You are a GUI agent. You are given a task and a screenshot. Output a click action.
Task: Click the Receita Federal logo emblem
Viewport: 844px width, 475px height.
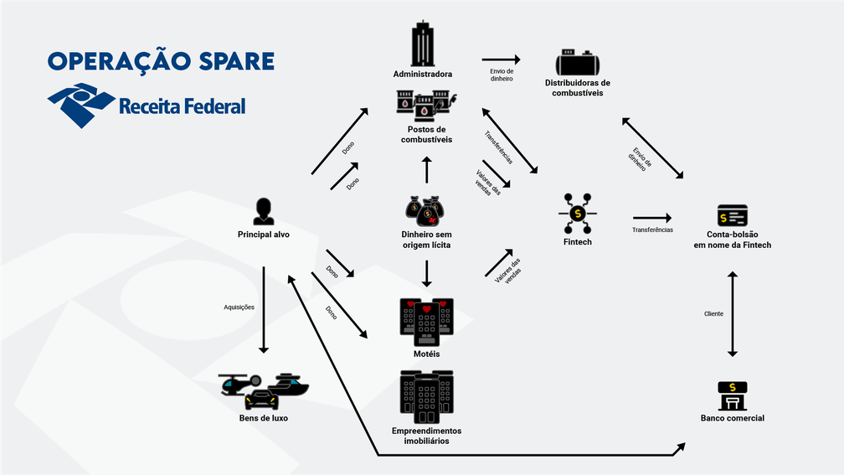[x=81, y=105]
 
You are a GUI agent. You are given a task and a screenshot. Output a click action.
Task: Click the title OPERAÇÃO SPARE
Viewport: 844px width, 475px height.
[x=161, y=61]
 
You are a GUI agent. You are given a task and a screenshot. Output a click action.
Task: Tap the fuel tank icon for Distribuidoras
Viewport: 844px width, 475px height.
[x=577, y=64]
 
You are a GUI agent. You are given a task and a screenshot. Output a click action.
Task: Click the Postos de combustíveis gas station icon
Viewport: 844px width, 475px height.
[x=426, y=105]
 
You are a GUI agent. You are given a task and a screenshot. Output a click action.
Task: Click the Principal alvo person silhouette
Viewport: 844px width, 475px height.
[x=263, y=211]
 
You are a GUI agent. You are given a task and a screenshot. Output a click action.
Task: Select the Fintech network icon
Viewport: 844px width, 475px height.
[x=577, y=214]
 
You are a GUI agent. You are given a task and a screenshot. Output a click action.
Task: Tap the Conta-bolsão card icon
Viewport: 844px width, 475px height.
[x=733, y=216]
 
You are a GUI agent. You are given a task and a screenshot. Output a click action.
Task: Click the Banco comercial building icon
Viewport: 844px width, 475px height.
[x=733, y=394]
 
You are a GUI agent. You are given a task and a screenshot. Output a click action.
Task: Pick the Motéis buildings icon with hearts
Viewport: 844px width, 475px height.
[x=426, y=321]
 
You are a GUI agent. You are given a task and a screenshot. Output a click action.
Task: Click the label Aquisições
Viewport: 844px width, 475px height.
[x=239, y=307]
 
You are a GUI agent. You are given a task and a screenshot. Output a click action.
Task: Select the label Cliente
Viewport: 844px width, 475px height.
[x=713, y=314]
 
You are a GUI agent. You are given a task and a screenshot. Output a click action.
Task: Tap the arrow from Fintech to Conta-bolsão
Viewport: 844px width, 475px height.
[x=652, y=218]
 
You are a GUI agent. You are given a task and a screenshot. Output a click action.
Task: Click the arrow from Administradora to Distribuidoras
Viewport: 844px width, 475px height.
[x=501, y=59]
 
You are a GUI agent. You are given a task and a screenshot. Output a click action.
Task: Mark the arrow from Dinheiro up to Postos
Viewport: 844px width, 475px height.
[x=426, y=169]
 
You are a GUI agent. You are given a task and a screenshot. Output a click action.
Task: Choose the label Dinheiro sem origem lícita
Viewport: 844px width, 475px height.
[x=426, y=240]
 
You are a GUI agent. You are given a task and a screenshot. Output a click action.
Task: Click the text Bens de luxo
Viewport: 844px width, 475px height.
[x=263, y=417]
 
